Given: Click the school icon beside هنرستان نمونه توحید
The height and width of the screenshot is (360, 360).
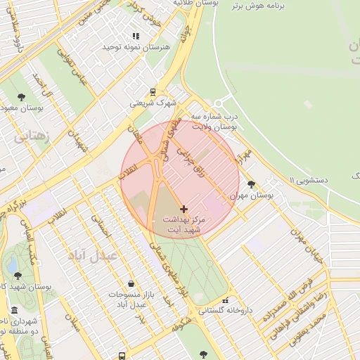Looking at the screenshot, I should [x=136, y=36].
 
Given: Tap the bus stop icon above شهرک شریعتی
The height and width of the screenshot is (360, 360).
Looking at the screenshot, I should [x=153, y=91].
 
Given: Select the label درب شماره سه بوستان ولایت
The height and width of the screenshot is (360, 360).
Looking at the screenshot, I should [x=216, y=121].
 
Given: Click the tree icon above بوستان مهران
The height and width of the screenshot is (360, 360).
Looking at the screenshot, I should [x=252, y=184].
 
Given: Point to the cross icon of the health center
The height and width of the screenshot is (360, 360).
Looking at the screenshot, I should [x=184, y=209].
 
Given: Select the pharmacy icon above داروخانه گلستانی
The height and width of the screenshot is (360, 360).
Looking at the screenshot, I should [x=225, y=300].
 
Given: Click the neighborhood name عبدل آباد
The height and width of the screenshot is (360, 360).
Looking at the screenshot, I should [x=92, y=255].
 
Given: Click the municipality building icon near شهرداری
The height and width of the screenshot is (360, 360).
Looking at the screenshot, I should [x=15, y=311].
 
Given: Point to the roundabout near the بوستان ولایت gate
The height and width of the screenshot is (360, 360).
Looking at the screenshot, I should [x=224, y=103].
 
